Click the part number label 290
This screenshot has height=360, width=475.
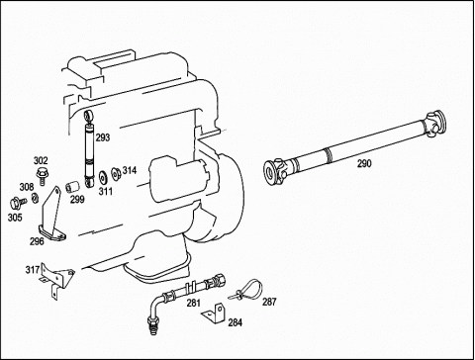pos(364,163)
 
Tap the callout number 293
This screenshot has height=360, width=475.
pos(103,137)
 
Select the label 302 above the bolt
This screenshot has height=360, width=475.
pos(41,160)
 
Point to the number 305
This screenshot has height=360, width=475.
pos(15,218)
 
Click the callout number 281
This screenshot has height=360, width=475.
pos(194,303)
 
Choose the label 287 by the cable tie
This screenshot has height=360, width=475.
pos(269,302)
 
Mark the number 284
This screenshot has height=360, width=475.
pos(236,322)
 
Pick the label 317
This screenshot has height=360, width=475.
pos(33,270)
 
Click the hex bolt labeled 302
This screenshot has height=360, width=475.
pos(41,176)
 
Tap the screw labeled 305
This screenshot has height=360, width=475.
pos(18,203)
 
